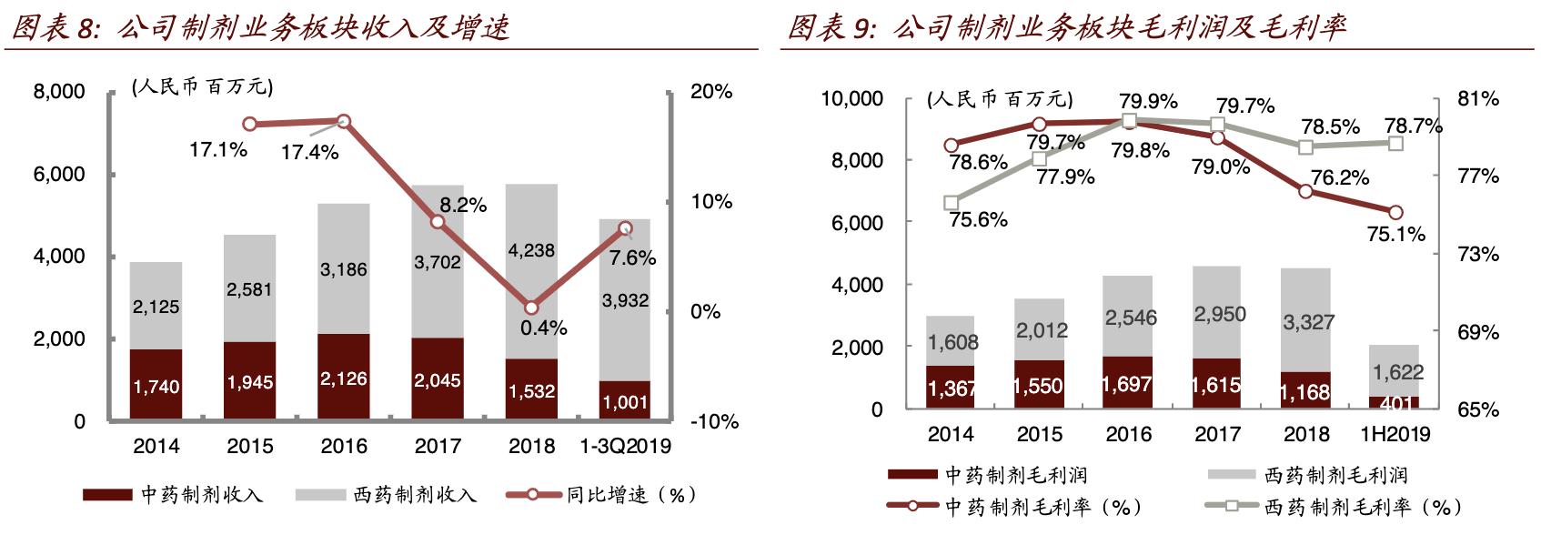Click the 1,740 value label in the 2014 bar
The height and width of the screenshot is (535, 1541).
pyautogui.click(x=156, y=387)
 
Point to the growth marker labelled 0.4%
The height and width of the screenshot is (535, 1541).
pyautogui.click(x=532, y=308)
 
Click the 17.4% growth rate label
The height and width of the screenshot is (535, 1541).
pyautogui.click(x=309, y=152)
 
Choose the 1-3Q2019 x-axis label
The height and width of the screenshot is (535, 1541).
pyautogui.click(x=625, y=446)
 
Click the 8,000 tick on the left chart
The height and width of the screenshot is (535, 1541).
pyautogui.click(x=59, y=92)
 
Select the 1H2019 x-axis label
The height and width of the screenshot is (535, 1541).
pyautogui.click(x=1395, y=434)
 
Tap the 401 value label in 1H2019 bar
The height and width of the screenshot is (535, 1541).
pyautogui.click(x=1395, y=403)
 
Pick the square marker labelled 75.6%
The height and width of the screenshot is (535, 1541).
pyautogui.click(x=952, y=203)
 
